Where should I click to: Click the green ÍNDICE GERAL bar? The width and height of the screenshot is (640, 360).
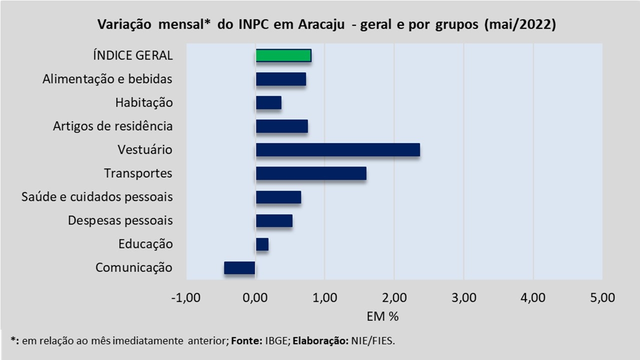click(x=283, y=55)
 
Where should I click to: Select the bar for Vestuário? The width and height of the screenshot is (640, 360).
click(x=337, y=150)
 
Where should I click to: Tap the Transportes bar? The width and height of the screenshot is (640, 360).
click(x=310, y=173)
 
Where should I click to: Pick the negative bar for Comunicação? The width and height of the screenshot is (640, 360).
click(x=239, y=268)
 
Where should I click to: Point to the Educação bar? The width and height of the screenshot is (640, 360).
click(x=262, y=244)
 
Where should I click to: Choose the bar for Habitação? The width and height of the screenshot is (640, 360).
click(x=268, y=102)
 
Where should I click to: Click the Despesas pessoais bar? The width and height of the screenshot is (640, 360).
click(x=274, y=220)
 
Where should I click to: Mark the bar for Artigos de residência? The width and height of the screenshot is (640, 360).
click(x=281, y=126)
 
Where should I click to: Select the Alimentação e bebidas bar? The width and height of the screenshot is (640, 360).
click(x=280, y=79)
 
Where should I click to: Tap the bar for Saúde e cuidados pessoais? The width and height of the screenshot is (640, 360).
click(x=278, y=197)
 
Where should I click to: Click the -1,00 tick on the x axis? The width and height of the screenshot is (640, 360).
click(x=185, y=298)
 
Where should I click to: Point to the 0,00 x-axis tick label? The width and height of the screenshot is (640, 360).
click(x=255, y=298)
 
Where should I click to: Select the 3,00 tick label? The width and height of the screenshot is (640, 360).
click(x=463, y=298)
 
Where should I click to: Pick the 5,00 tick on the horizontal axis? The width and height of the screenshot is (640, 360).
click(x=602, y=298)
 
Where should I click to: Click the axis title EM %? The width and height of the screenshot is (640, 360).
click(x=382, y=316)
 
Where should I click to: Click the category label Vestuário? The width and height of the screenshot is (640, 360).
click(x=145, y=150)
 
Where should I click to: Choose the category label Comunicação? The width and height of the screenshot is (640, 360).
click(x=134, y=268)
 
